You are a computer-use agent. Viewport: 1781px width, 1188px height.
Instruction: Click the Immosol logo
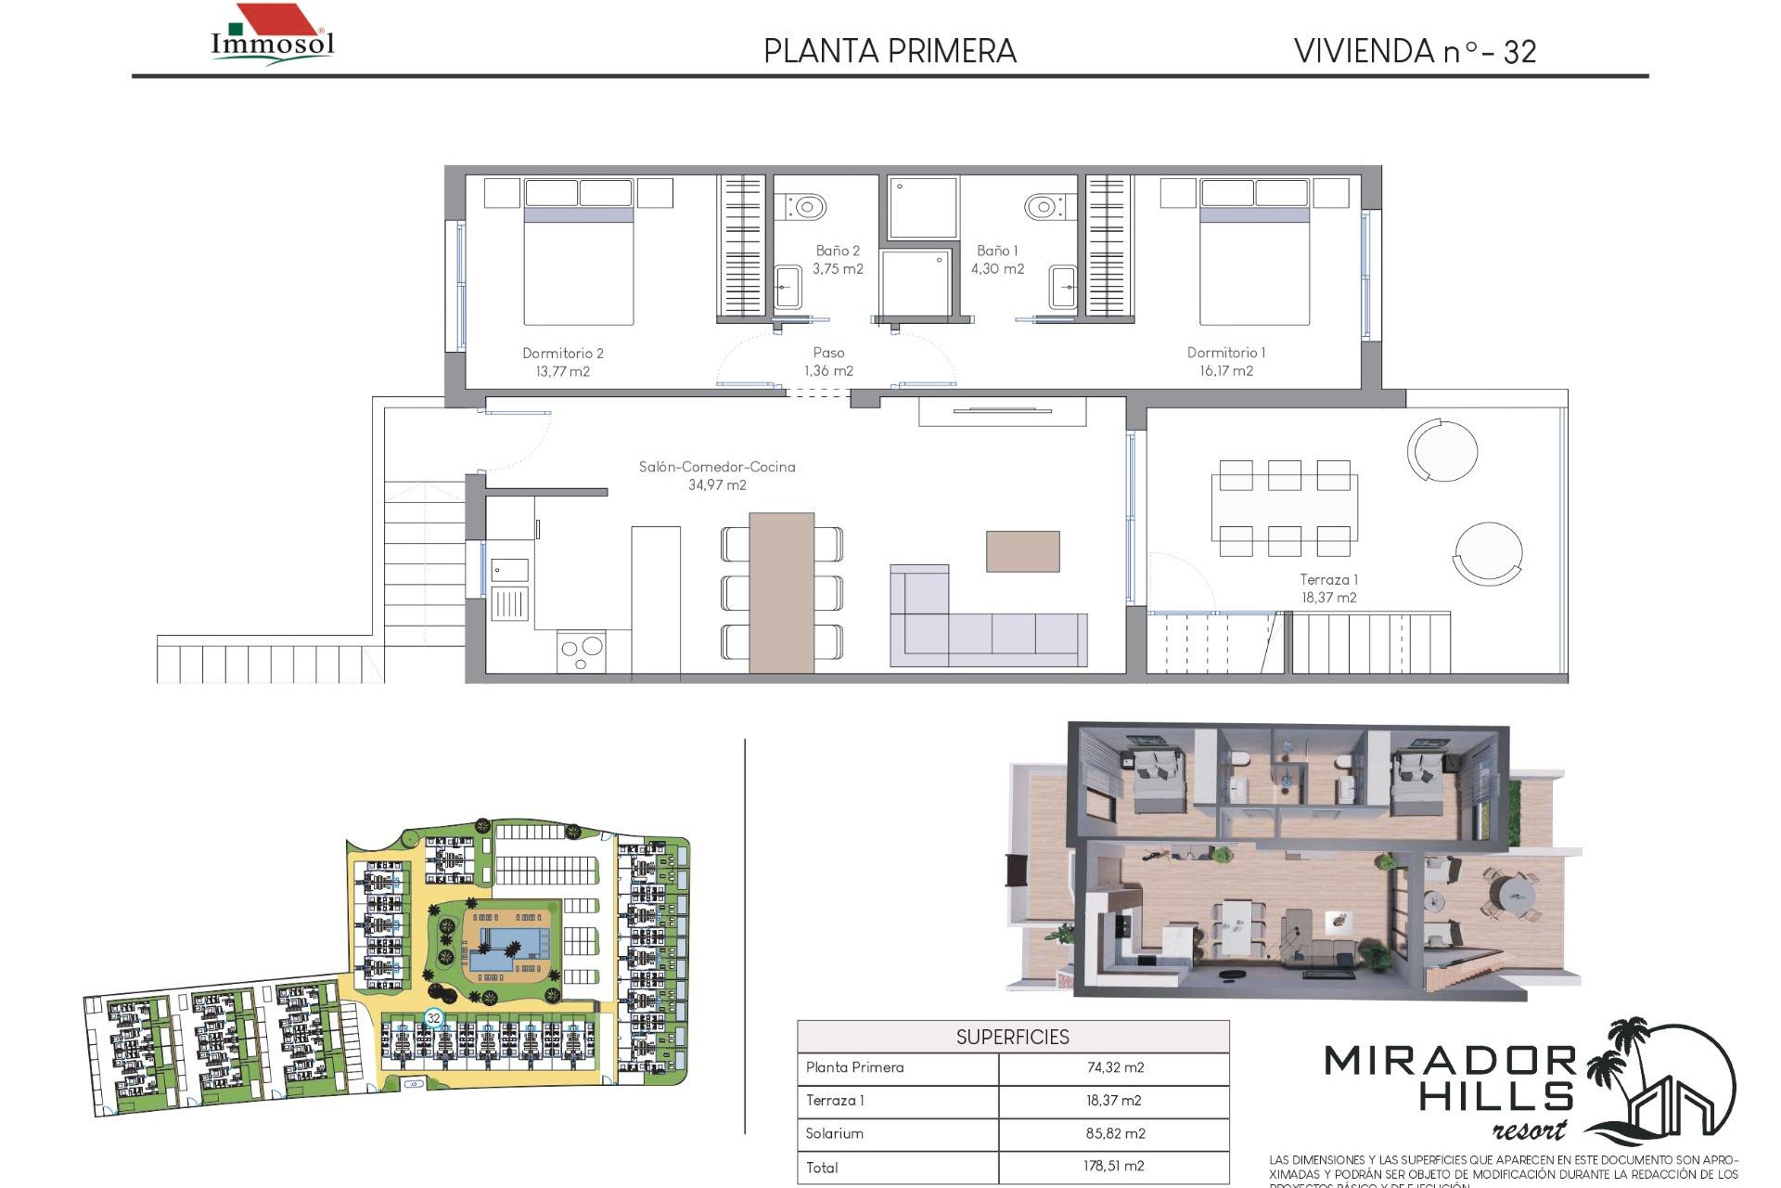(272, 35)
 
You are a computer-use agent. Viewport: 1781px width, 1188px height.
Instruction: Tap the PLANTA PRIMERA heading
(890, 51)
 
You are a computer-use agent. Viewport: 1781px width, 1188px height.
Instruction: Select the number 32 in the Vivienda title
(1519, 52)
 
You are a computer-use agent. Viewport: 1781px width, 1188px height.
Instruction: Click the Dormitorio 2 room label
(562, 354)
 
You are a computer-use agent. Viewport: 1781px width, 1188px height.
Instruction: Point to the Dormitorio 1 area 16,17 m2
(1225, 371)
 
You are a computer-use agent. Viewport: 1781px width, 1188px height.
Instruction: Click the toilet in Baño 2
(808, 206)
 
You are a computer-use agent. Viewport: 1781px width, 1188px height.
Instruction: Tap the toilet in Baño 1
(1044, 206)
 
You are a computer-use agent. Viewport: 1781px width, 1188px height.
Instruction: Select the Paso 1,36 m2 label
(828, 362)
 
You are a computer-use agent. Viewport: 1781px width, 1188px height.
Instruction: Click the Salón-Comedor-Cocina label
(716, 467)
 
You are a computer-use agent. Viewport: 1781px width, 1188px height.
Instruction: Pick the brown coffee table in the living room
(1022, 551)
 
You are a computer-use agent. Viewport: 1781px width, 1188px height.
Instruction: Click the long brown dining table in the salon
(781, 592)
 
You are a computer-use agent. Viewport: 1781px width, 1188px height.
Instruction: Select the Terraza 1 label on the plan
(1327, 580)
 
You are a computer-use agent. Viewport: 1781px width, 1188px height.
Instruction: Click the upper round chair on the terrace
(1442, 451)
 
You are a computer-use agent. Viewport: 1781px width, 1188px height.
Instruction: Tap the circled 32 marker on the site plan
(433, 1018)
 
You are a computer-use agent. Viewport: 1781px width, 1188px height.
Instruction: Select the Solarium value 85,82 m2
(1115, 1133)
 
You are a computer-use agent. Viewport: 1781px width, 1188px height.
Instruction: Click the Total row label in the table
(822, 1168)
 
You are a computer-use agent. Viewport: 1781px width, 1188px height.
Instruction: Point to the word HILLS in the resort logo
(1495, 1098)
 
